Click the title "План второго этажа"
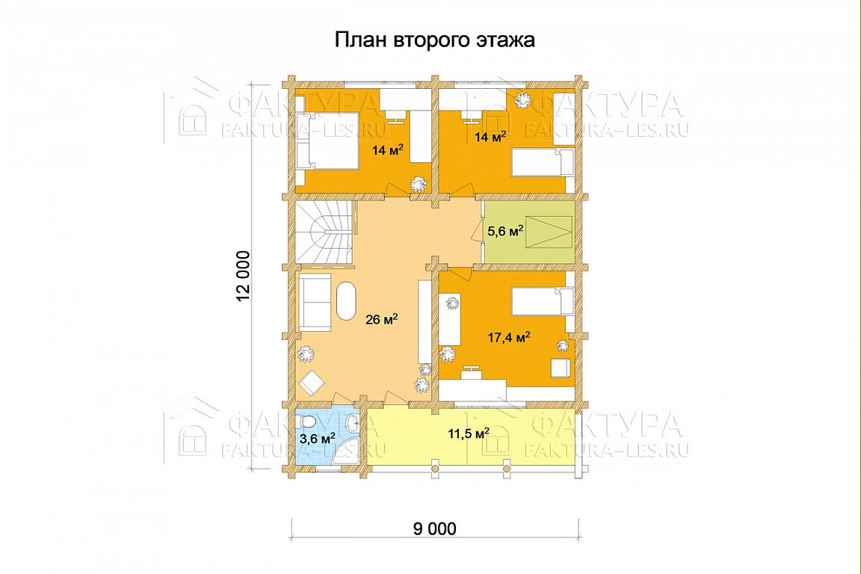click(x=435, y=40)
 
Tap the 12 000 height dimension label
click(x=242, y=277)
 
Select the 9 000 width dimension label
click(x=434, y=528)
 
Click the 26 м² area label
click(x=382, y=318)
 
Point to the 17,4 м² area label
click(x=509, y=337)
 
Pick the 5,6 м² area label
click(x=505, y=231)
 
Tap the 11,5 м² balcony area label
click(x=469, y=433)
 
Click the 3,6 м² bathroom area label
click(x=318, y=438)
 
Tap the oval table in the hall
click(x=346, y=300)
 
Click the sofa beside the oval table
click(x=315, y=303)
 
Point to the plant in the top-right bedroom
click(x=520, y=101)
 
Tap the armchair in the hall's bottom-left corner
click(x=312, y=382)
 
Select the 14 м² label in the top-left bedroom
click(x=388, y=149)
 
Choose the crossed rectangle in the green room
click(x=546, y=231)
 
